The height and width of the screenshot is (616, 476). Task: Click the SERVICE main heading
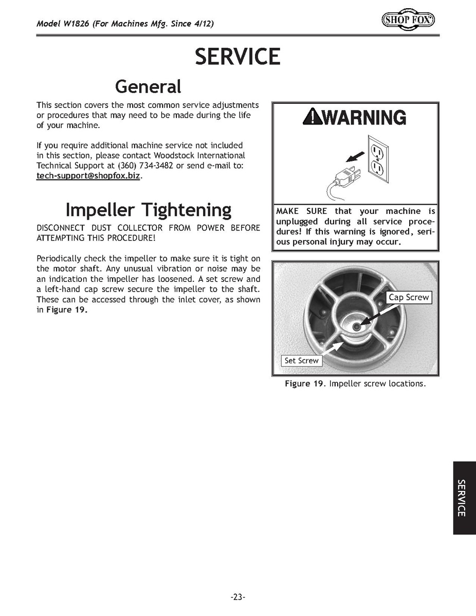tap(237, 57)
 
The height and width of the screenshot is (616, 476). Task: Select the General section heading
tap(148, 86)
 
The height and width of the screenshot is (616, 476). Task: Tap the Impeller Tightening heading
tap(148, 210)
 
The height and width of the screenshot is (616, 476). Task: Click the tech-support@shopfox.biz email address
tap(88, 176)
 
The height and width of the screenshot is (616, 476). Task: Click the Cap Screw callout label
tap(408, 297)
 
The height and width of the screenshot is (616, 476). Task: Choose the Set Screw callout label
tap(301, 360)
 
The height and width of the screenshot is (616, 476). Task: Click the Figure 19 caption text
tap(355, 384)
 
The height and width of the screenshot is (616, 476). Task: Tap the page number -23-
tap(237, 597)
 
